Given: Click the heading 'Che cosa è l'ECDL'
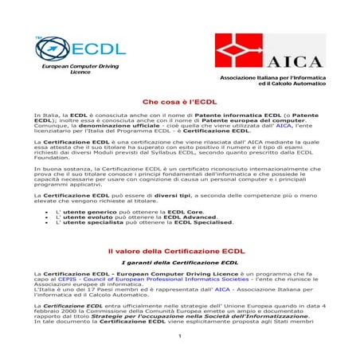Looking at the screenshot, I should tap(180, 103).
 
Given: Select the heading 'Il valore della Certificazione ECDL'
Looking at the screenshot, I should tap(180, 250).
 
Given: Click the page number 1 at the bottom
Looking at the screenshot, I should tap(180, 336).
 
